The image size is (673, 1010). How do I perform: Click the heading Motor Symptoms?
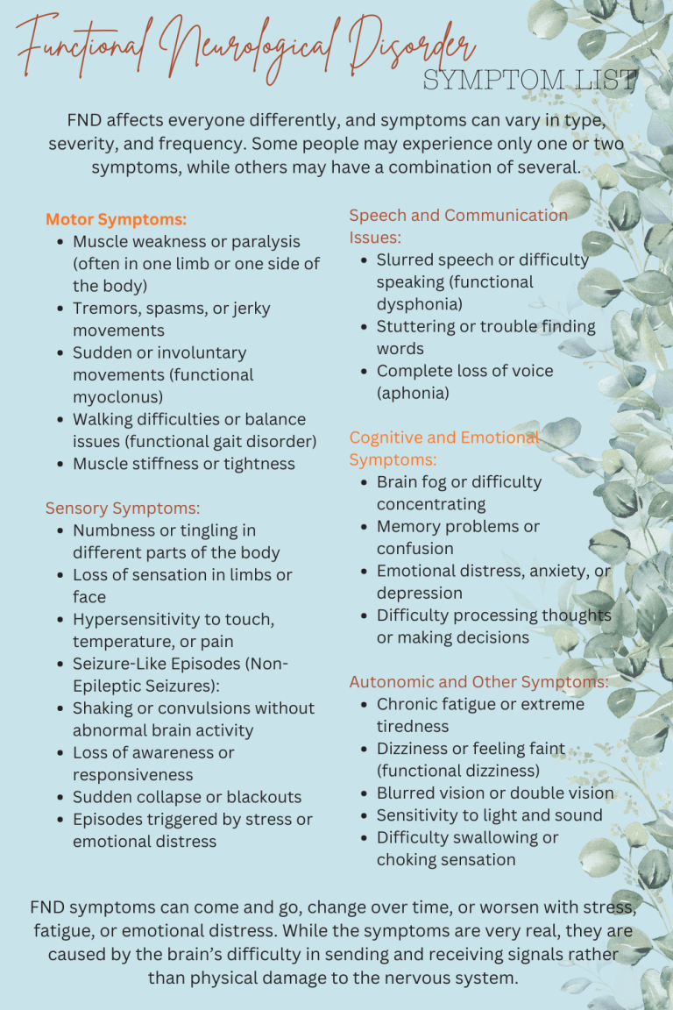(x=116, y=219)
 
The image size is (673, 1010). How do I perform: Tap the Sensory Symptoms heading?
(x=123, y=508)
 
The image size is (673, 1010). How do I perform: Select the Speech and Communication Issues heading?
(x=457, y=225)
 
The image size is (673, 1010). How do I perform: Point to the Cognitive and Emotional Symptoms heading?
(x=443, y=448)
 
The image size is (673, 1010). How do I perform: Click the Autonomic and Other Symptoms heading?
(x=478, y=681)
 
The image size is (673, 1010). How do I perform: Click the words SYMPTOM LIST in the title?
(x=529, y=81)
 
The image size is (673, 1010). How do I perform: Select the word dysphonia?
(x=420, y=304)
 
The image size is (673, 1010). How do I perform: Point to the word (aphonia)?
(x=413, y=393)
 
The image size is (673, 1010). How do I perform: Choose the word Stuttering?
(x=414, y=326)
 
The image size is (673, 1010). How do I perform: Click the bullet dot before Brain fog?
(x=364, y=482)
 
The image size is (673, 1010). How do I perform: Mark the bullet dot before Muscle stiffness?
(x=60, y=465)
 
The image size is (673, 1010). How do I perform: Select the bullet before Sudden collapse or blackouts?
(x=60, y=798)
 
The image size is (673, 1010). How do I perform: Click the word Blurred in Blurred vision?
(x=407, y=793)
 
